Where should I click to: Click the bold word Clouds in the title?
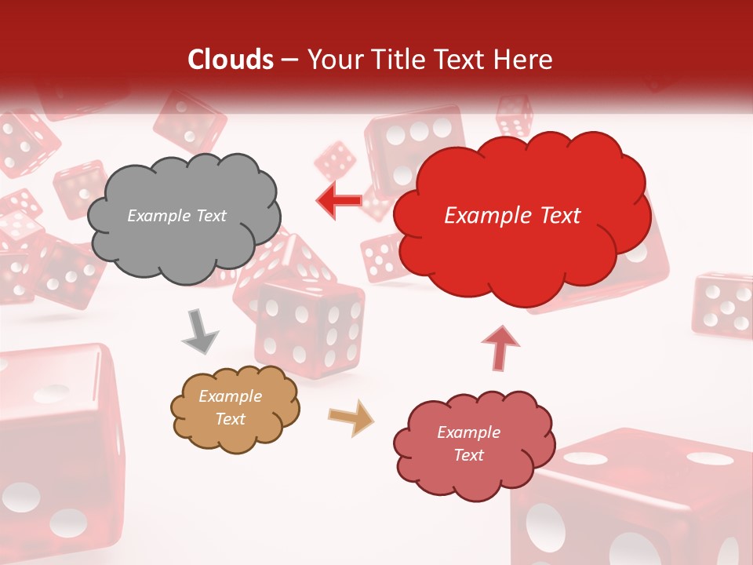click(231, 60)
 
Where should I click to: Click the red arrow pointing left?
click(339, 200)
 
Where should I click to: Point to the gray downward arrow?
click(200, 331)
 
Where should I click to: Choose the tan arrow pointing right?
click(351, 417)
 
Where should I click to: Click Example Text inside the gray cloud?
click(176, 216)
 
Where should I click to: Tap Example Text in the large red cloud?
click(512, 216)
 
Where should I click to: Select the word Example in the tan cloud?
click(230, 396)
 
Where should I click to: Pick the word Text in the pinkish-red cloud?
click(468, 455)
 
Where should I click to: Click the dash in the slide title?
click(289, 60)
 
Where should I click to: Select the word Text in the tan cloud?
click(230, 419)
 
